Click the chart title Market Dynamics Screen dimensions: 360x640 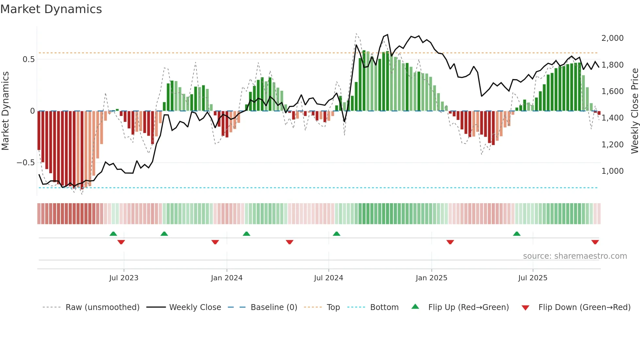click(51, 9)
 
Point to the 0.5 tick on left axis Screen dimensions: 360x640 click(28, 59)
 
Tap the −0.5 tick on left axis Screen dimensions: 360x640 click(26, 163)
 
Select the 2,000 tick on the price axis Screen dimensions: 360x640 click(612, 38)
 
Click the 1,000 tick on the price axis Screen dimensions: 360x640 click(612, 171)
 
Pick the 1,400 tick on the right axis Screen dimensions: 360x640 click(612, 118)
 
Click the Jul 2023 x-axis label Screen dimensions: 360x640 click(124, 278)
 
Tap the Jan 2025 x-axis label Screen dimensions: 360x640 click(431, 278)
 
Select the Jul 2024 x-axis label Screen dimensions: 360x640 click(328, 278)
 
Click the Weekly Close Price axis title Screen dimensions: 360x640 click(634, 111)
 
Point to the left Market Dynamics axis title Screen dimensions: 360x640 click(5, 111)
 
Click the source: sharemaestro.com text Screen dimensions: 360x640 click(575, 256)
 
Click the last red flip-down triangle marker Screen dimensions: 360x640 click(595, 242)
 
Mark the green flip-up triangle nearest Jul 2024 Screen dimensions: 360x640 click(336, 234)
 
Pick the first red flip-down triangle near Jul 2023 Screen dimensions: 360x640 click(121, 242)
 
